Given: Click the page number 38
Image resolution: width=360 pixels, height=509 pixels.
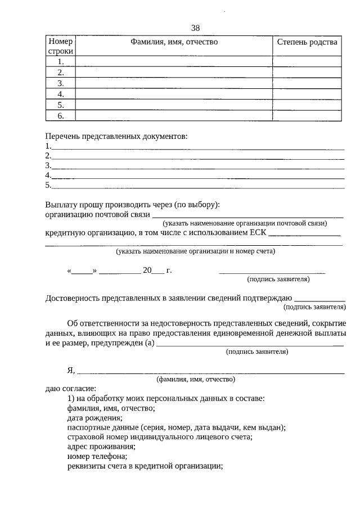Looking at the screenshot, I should tap(195, 28).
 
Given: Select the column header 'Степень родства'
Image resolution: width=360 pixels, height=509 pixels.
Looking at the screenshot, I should tap(307, 42).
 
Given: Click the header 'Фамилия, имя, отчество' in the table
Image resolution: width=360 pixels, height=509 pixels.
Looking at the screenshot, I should tap(174, 42).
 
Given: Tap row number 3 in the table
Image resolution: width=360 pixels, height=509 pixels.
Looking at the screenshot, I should tap(60, 83).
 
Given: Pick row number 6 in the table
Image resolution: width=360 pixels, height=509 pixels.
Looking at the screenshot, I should tap(60, 116).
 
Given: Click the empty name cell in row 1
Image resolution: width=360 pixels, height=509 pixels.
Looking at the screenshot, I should tap(174, 61).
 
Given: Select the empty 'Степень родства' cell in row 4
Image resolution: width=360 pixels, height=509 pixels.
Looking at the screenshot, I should tap(307, 94).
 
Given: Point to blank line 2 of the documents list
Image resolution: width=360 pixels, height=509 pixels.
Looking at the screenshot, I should tap(197, 157).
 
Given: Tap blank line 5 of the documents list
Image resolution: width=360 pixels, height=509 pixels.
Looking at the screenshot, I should tap(197, 186).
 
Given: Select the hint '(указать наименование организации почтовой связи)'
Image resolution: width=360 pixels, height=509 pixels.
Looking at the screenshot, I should tap(249, 223).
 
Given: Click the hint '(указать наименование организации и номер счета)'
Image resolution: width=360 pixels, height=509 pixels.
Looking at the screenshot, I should tap(196, 251).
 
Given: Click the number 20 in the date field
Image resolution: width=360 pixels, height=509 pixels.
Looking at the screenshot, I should tap(147, 270).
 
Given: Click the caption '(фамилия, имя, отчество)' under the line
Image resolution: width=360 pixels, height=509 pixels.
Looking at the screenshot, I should tap(196, 380).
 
